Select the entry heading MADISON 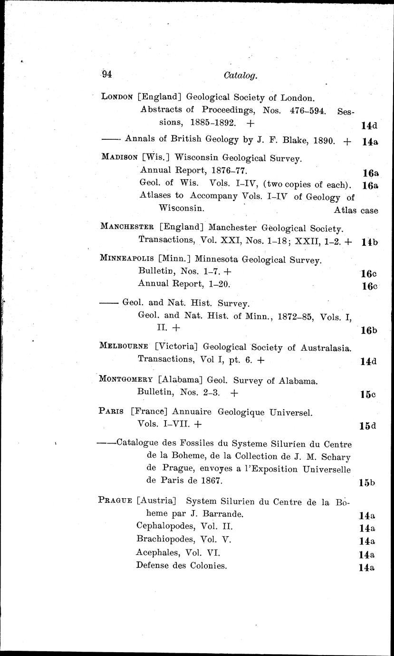coord(118,157)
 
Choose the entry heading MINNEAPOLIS coord(127,259)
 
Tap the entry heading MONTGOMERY coord(126,380)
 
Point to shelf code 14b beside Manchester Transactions coord(369,242)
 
